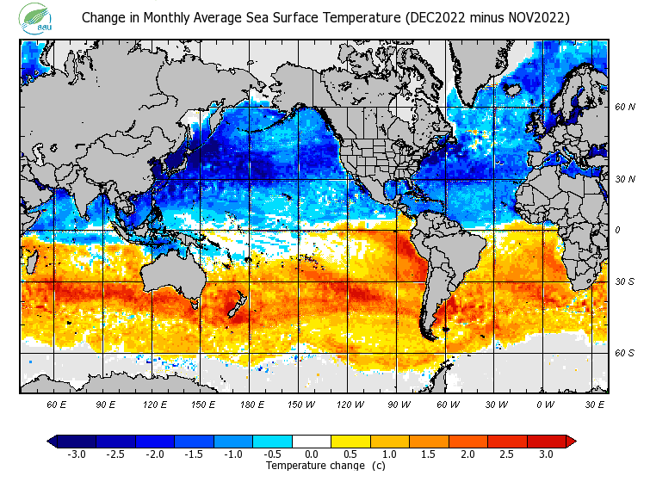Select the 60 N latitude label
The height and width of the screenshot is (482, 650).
click(x=624, y=108)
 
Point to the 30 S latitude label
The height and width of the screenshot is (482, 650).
click(x=624, y=281)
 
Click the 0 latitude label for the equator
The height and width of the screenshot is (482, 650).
click(x=616, y=230)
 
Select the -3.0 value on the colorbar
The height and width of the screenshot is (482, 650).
click(x=75, y=454)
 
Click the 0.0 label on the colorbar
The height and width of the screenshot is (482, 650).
click(x=313, y=454)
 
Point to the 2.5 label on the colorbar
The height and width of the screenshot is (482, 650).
click(x=507, y=454)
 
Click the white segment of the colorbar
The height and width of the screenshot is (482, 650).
click(x=313, y=442)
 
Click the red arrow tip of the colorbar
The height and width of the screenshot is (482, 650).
click(x=571, y=442)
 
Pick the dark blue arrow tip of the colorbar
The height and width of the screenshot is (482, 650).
click(x=52, y=442)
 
